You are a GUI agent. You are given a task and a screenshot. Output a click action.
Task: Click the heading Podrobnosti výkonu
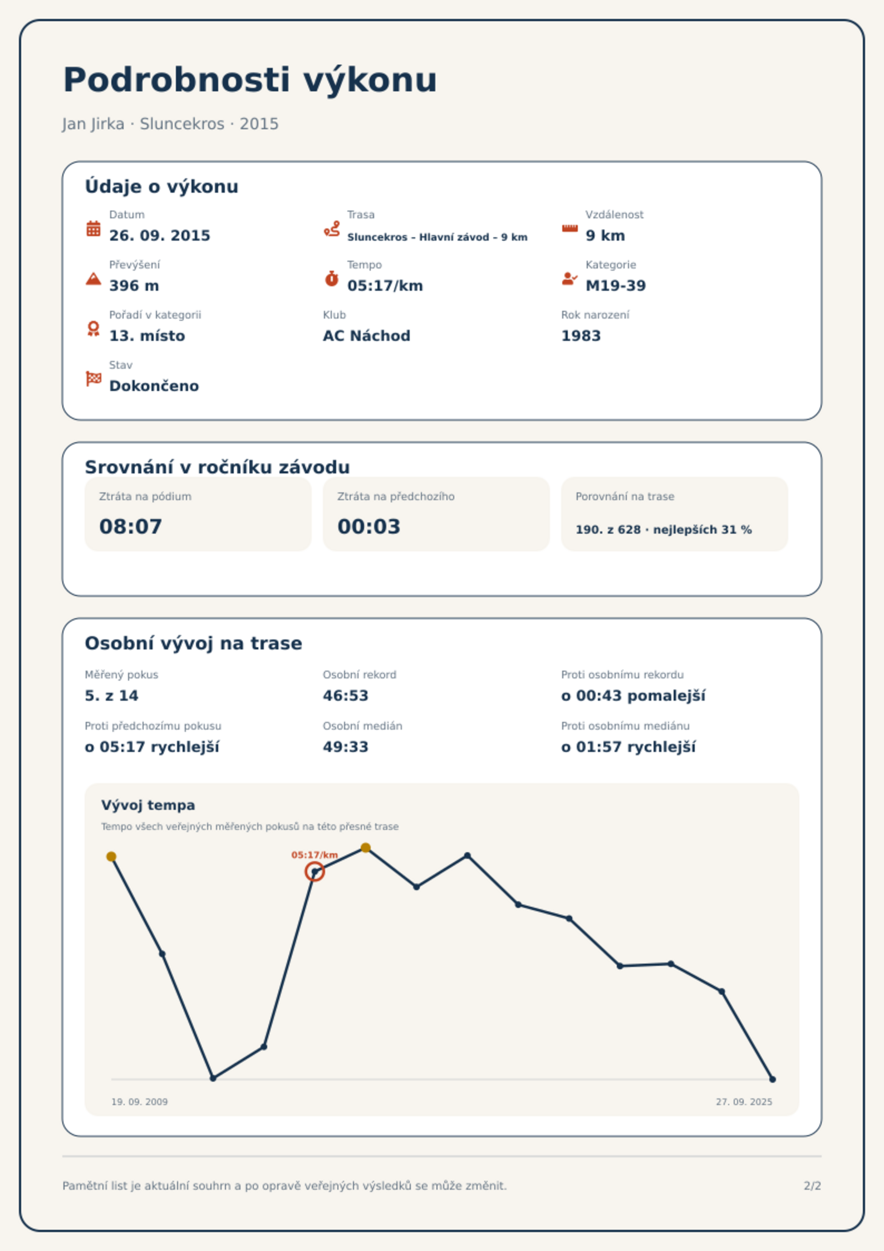pyautogui.click(x=250, y=80)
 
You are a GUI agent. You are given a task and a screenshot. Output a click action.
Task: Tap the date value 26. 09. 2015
pyautogui.click(x=160, y=236)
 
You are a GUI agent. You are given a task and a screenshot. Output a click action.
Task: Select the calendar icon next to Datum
pyautogui.click(x=94, y=228)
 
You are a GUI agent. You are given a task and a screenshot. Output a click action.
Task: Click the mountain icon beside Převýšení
pyautogui.click(x=94, y=278)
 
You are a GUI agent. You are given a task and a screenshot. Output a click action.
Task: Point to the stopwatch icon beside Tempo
pyautogui.click(x=332, y=278)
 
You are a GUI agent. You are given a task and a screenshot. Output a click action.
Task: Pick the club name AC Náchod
pyautogui.click(x=366, y=336)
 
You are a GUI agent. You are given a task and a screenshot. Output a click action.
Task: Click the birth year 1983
pyautogui.click(x=581, y=336)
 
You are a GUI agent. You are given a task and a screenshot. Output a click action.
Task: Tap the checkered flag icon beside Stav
pyautogui.click(x=94, y=379)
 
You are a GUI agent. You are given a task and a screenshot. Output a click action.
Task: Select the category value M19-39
pyautogui.click(x=616, y=286)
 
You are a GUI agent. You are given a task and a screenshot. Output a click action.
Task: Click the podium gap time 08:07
pyautogui.click(x=131, y=526)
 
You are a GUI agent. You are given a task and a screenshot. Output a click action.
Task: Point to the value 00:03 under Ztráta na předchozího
pyautogui.click(x=369, y=526)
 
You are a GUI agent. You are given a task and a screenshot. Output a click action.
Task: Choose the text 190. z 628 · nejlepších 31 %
pyautogui.click(x=664, y=530)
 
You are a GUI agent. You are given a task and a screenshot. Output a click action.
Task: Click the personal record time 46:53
pyautogui.click(x=346, y=696)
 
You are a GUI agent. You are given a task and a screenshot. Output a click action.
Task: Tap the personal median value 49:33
pyautogui.click(x=346, y=747)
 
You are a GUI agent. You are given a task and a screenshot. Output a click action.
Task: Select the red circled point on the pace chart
pyautogui.click(x=315, y=872)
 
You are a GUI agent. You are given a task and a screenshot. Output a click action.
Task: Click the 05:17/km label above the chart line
pyautogui.click(x=315, y=855)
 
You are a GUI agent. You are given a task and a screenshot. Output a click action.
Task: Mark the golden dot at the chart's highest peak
pyautogui.click(x=366, y=848)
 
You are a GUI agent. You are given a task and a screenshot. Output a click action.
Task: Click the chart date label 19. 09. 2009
pyautogui.click(x=139, y=1102)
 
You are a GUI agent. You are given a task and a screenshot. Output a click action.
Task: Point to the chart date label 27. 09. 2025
pyautogui.click(x=744, y=1102)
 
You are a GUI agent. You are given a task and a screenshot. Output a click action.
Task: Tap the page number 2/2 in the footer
pyautogui.click(x=813, y=1186)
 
